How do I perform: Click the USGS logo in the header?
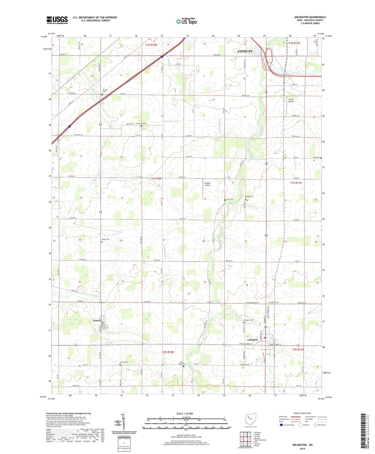(57, 20)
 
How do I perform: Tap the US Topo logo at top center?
(186, 21)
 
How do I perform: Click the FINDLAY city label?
(245, 51)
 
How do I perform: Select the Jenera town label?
(97, 321)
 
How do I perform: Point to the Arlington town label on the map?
(252, 340)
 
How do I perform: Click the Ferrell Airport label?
(291, 100)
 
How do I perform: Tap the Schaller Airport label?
(207, 184)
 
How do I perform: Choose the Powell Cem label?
(105, 91)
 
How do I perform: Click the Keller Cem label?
(105, 239)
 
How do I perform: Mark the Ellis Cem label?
(316, 158)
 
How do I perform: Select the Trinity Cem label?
(124, 362)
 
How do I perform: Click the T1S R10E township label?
(155, 179)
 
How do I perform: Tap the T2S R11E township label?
(298, 350)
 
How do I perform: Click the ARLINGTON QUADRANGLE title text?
(310, 17)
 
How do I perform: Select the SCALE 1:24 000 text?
(185, 414)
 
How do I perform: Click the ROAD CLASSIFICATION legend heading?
(302, 413)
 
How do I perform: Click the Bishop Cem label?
(249, 196)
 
